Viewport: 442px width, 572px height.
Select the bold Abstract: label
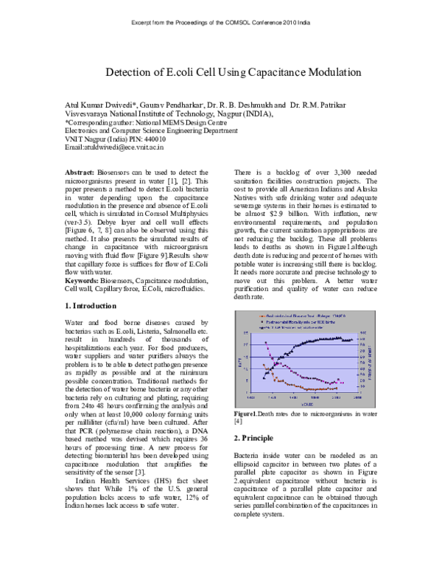coord(80,171)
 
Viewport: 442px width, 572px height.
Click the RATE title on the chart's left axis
coord(239,360)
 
